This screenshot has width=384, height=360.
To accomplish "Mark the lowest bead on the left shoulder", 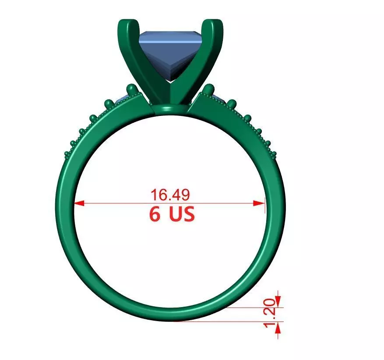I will click(x=67, y=154).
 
